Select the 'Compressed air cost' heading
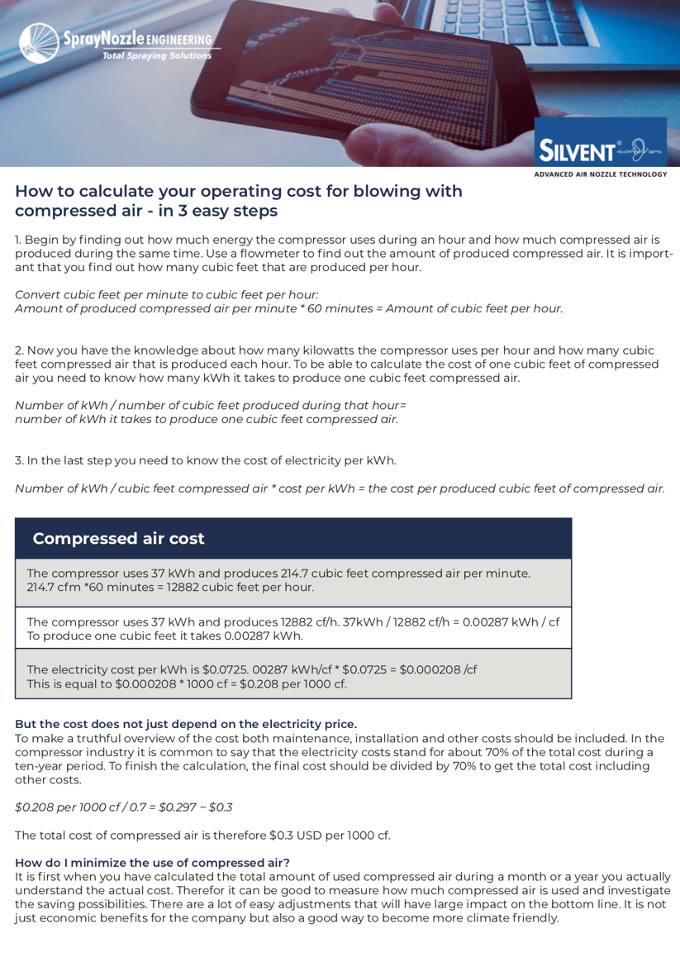[118, 539]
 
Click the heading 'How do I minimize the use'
[152, 862]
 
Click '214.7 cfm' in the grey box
[54, 588]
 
